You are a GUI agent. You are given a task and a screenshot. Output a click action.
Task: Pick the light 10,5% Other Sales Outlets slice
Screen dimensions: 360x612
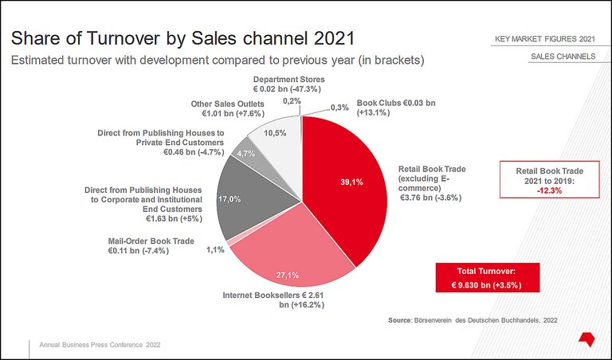tap(275, 139)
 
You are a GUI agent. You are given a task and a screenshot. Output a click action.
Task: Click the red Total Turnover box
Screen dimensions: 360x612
tap(488, 278)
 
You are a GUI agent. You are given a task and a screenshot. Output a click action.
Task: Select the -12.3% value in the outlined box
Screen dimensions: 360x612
tap(550, 190)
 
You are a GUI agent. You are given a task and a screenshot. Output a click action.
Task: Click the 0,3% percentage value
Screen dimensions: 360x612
tap(339, 108)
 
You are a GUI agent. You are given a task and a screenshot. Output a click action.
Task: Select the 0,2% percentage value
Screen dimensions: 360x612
tap(292, 101)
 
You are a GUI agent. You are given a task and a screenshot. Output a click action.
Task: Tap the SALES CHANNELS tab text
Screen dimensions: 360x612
tap(562, 58)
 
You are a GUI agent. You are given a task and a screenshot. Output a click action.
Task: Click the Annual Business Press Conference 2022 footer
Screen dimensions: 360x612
tap(100, 345)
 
